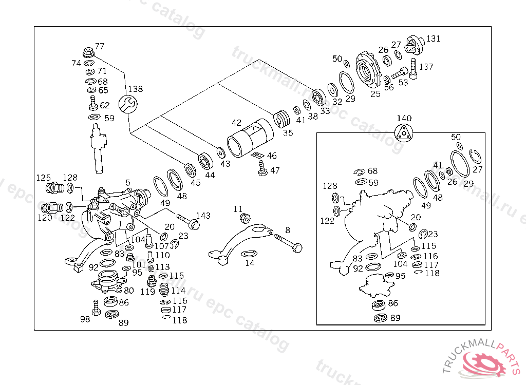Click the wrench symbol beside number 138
tap(127, 104)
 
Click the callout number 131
tap(433, 38)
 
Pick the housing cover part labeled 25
tap(368, 72)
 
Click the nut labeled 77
tap(87, 52)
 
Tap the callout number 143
tap(203, 216)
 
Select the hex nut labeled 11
tap(245, 219)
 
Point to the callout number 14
tap(250, 263)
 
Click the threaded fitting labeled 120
tap(50, 208)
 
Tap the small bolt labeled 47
tap(262, 169)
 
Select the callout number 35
tap(288, 132)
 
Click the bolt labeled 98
tap(96, 307)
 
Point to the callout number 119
tap(148, 292)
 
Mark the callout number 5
tap(128, 182)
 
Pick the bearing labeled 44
tap(206, 162)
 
